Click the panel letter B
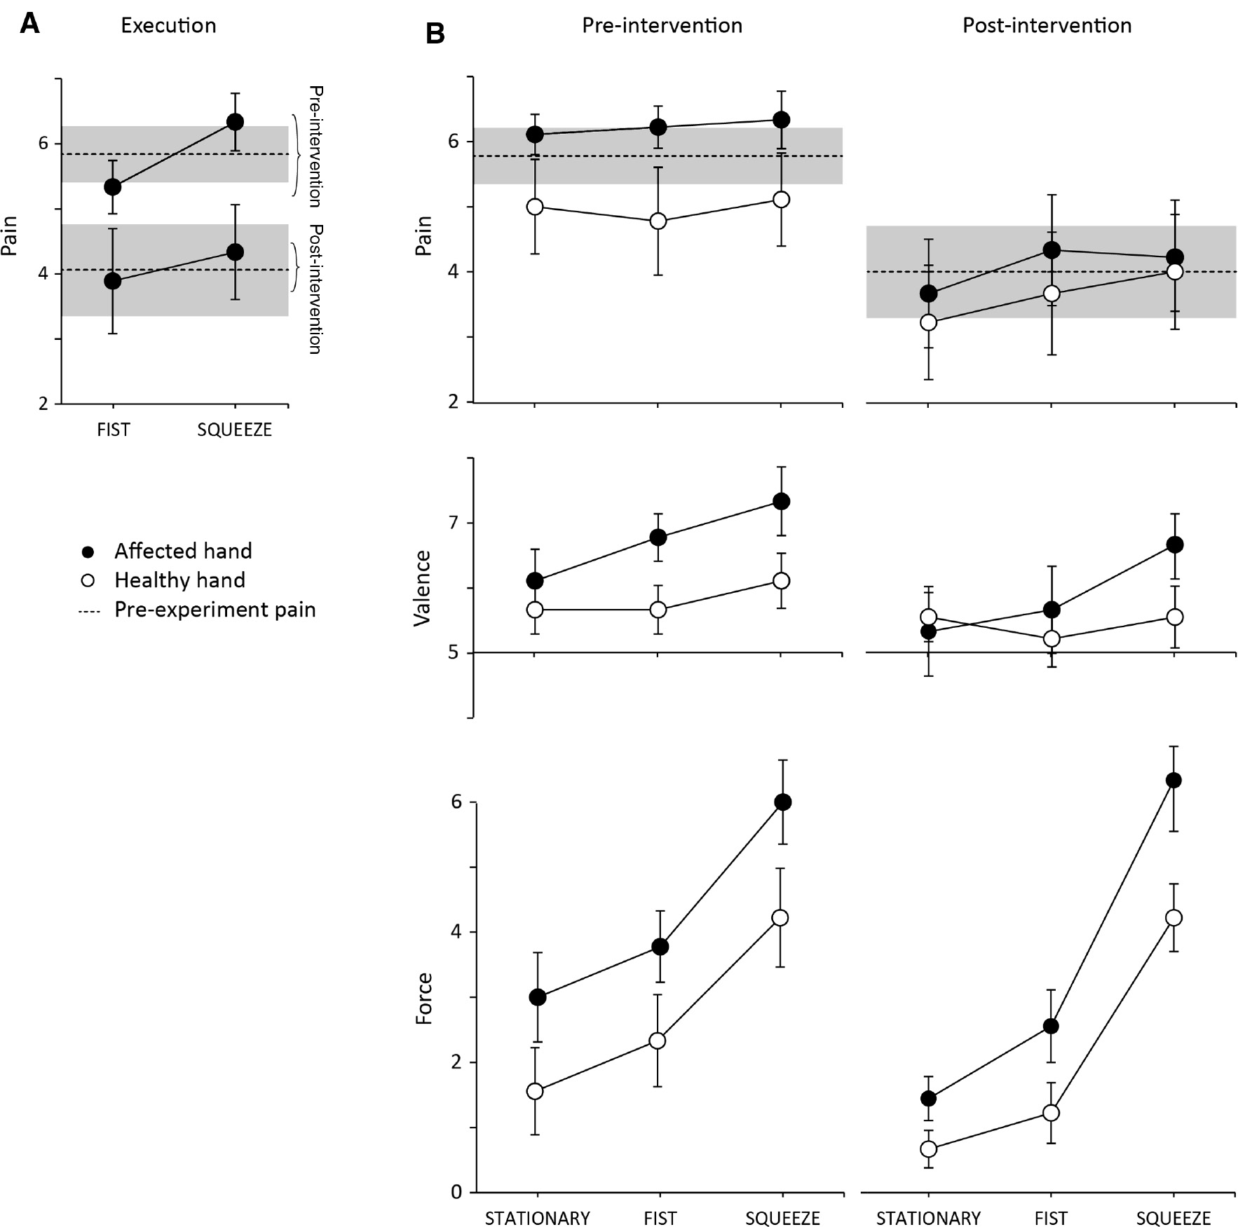435,34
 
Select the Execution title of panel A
168,26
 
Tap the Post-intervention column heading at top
1047,26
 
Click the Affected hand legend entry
182,551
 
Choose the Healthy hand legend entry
179,581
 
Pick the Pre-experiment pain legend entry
215,610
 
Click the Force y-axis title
423,999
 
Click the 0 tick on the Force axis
456,1192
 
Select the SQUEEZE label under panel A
234,430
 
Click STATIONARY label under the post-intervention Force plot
928,1218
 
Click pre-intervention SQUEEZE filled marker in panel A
235,122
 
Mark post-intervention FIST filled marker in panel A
113,281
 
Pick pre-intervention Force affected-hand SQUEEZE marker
782,802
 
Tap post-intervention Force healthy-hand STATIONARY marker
928,1149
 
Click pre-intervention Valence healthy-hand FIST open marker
658,610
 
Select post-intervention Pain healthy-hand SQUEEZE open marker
1174,271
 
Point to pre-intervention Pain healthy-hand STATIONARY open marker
535,207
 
